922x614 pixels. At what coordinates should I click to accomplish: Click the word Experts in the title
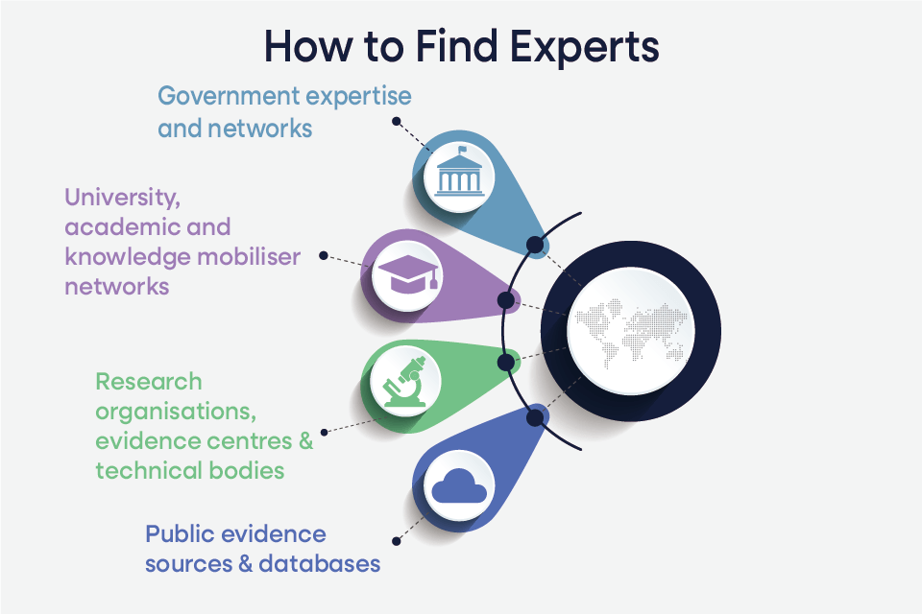point(584,47)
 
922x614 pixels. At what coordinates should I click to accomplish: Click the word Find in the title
point(457,46)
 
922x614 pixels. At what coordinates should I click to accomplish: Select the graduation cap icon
point(408,273)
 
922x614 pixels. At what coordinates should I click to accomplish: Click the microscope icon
point(404,381)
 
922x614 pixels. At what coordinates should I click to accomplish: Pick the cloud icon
point(459,485)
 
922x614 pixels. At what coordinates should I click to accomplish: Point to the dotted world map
point(631,332)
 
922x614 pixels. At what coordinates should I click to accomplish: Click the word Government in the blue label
point(229,96)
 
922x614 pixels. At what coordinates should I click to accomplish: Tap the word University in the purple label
point(122,198)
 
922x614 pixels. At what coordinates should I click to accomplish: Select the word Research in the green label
point(149,382)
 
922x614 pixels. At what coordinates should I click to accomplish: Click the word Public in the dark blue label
point(179,534)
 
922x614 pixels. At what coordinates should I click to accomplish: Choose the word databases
point(319,564)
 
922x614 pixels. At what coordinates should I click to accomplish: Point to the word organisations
point(176,413)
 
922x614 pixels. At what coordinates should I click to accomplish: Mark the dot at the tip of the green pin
point(506,362)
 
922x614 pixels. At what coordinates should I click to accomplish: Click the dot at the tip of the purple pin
point(506,300)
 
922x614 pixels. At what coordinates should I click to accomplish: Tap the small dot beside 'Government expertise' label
point(397,121)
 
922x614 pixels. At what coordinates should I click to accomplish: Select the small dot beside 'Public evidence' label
point(397,541)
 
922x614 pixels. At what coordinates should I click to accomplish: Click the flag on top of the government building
point(463,149)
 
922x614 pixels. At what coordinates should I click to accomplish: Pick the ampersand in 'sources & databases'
point(245,564)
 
